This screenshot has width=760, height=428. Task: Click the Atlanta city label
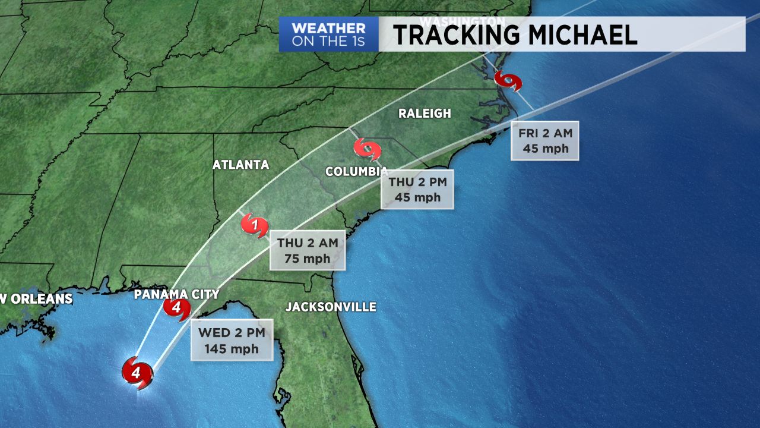[240, 165]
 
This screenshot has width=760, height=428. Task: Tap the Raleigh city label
[425, 113]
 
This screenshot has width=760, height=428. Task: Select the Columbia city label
[356, 172]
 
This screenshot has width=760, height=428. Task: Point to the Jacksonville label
[331, 307]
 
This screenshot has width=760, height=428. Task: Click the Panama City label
[176, 294]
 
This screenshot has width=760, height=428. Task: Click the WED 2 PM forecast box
[232, 340]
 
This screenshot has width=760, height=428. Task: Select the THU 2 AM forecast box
[307, 250]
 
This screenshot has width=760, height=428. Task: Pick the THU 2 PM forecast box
[417, 189]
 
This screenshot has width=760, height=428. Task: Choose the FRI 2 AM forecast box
[545, 141]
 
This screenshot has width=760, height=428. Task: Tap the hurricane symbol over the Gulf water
[137, 373]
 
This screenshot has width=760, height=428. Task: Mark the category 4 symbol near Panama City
[177, 309]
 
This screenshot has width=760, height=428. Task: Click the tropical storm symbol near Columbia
[367, 149]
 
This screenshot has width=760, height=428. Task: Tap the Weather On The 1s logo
[328, 34]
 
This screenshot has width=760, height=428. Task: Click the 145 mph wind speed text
[232, 349]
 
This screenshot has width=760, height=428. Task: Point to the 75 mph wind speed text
[307, 259]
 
